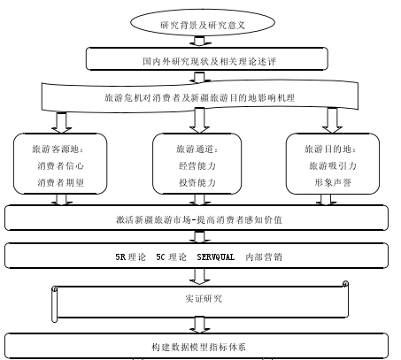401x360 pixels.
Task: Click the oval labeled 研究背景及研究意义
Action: (x=203, y=23)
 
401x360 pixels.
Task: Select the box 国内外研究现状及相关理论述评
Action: (x=207, y=58)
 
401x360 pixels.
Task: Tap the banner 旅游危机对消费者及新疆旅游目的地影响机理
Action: (x=200, y=96)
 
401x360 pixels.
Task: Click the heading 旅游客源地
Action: (x=58, y=149)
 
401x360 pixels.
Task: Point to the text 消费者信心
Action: (x=60, y=165)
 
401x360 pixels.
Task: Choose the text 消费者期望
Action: (x=60, y=182)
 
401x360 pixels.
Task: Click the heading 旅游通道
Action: (x=197, y=149)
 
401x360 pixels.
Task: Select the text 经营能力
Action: (x=197, y=165)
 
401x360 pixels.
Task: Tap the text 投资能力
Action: (x=197, y=182)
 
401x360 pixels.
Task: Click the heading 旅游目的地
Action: (x=330, y=149)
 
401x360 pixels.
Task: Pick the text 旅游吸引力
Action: (x=333, y=165)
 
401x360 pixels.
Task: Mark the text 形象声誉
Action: (x=333, y=182)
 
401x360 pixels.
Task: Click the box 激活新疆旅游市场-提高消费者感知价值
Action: (x=197, y=218)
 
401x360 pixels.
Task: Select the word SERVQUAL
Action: (x=216, y=257)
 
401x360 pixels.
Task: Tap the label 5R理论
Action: (x=130, y=257)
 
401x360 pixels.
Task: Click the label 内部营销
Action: (x=264, y=257)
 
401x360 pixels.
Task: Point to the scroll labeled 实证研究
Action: (x=200, y=302)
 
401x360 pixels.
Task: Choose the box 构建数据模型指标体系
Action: (x=197, y=346)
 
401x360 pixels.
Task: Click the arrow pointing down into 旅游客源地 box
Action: (x=61, y=123)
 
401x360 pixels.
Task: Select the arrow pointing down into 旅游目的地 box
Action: (x=332, y=120)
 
